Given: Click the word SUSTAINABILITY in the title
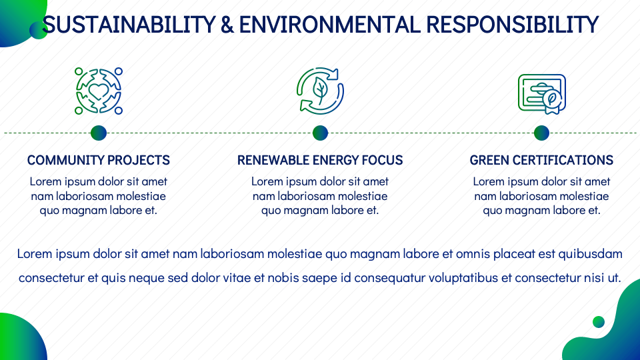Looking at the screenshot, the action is point(129,25).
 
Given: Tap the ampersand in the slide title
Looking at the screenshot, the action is point(227,25).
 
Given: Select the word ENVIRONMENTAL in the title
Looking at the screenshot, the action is point(329,25).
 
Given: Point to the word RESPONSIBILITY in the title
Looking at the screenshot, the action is point(512,25).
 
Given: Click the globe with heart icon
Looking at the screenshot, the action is point(99,91).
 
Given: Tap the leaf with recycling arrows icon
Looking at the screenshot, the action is point(320,91).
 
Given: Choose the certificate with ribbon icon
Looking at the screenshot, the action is point(541,94).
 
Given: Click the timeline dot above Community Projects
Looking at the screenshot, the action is point(99,133).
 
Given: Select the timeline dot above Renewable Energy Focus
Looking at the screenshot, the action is point(320,133).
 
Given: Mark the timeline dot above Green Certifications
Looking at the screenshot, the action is point(541,133).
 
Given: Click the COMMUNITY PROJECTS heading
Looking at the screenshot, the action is point(99,160).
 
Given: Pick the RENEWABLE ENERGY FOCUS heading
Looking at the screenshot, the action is point(320,160).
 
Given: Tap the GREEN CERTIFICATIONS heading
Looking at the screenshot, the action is point(541,160).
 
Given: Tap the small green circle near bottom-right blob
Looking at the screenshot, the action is point(599,321).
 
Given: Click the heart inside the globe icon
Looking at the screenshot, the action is point(99,91).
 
